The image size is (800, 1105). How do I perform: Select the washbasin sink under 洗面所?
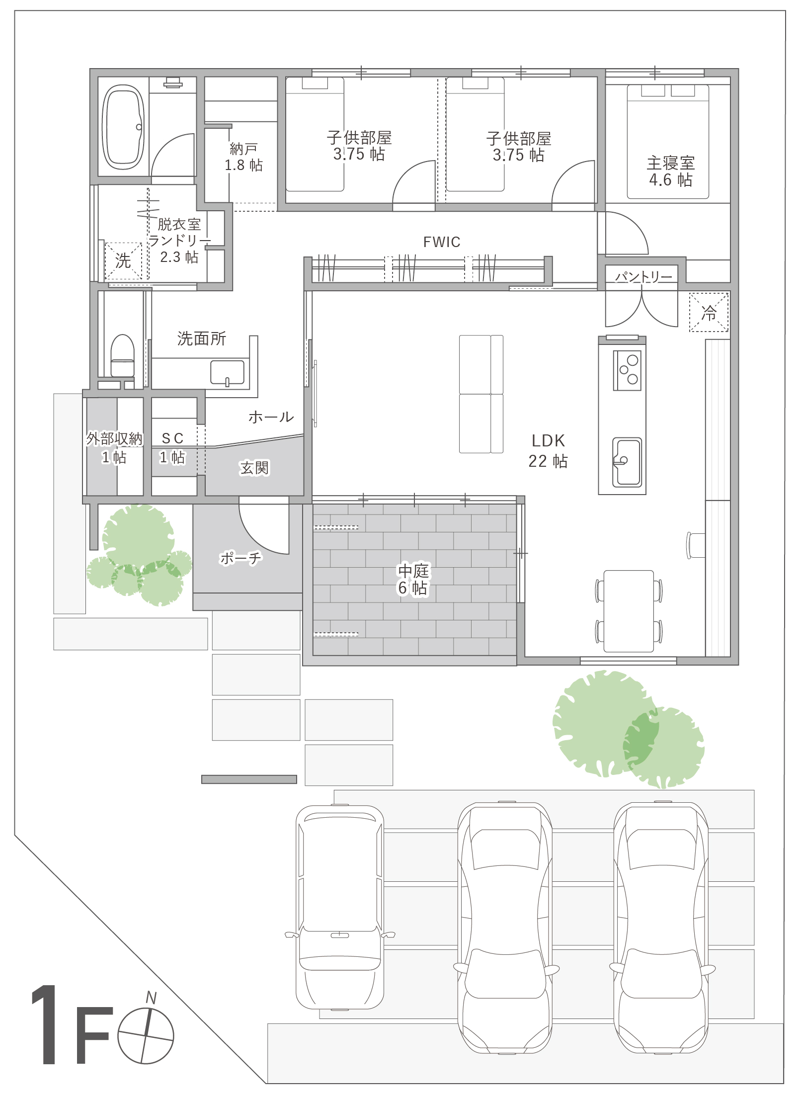pos(228,372)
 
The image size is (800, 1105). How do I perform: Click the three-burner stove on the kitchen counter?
pos(627,370)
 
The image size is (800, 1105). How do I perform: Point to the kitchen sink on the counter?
pos(627,462)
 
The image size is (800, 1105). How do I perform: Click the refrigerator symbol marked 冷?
pos(709,312)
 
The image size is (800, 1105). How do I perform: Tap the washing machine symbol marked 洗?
pos(123,260)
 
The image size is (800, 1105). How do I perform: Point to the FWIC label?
pos(442,242)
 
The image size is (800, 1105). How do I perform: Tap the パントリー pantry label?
pos(643,276)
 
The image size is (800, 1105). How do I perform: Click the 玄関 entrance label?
pos(254,468)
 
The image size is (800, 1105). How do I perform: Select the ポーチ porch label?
pos(240,558)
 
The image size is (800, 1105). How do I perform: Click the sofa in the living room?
pos(481,394)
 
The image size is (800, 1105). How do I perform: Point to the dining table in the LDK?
pos(629,611)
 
